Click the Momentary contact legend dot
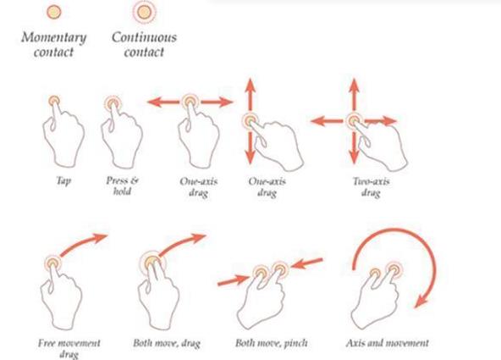[x=53, y=12]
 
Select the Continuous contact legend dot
[x=144, y=12]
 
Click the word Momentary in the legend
[x=53, y=38]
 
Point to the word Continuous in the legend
[x=144, y=37]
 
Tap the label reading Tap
[x=63, y=181]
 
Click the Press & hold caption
[x=123, y=186]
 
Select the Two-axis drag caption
[x=371, y=187]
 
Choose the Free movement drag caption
[x=69, y=348]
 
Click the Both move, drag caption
[x=167, y=343]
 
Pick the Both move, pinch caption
[x=272, y=343]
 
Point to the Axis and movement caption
[x=388, y=343]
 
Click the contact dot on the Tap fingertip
[x=54, y=102]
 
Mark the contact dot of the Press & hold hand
[x=113, y=103]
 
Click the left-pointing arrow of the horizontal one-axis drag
[x=163, y=102]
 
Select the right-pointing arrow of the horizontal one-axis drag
[x=217, y=102]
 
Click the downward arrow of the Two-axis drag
[x=354, y=148]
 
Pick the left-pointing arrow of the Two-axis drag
[x=327, y=121]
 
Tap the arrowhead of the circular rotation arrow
[x=421, y=302]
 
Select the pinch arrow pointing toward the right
[x=233, y=280]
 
